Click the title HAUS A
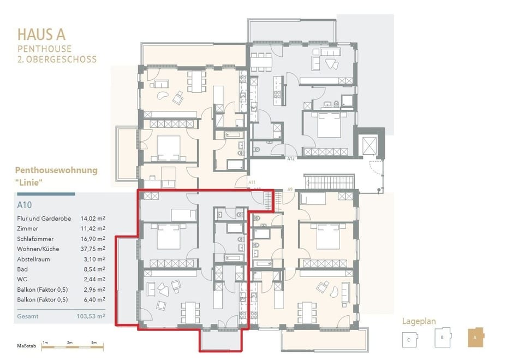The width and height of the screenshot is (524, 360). coord(41,34)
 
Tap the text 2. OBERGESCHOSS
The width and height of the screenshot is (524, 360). coord(57,59)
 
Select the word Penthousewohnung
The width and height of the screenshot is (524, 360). coord(56,170)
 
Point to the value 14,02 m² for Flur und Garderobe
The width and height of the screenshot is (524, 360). coord(93,219)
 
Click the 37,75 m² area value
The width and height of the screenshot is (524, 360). coord(93,249)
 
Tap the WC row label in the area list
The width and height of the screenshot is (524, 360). coord(22,279)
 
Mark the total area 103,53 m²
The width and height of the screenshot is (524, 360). coord(91,316)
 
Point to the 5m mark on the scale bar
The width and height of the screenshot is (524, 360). coord(94,343)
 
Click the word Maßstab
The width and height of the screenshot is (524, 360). coord(27,346)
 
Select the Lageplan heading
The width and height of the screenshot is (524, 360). coord(419,321)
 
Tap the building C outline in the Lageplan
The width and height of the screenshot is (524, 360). coord(409,339)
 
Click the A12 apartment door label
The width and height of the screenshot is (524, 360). coord(291,158)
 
